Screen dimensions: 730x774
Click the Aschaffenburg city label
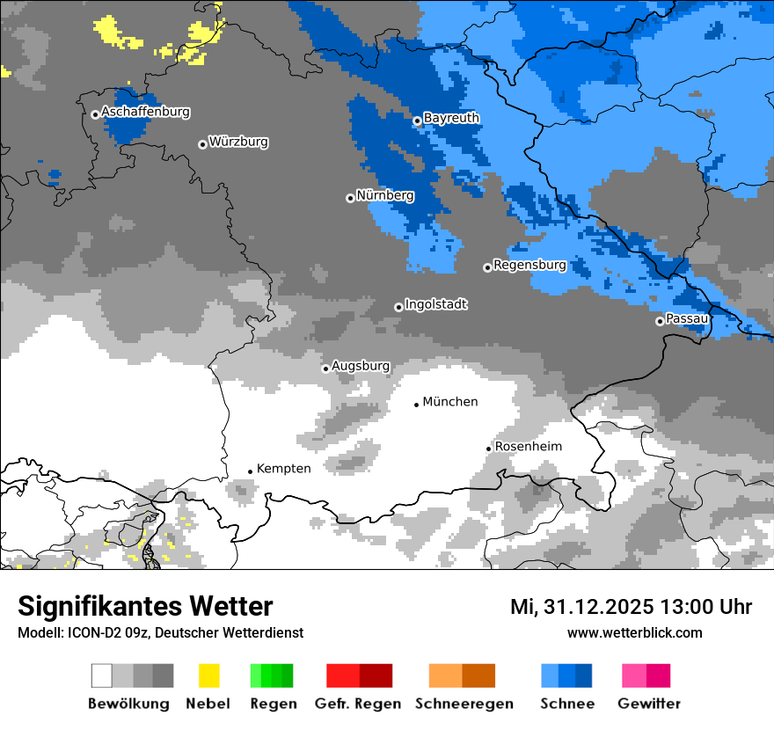pyautogui.click(x=145, y=113)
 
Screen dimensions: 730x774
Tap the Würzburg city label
pyautogui.click(x=238, y=142)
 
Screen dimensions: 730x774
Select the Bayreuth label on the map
pyautogui.click(x=451, y=118)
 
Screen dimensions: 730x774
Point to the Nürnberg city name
pyautogui.click(x=384, y=195)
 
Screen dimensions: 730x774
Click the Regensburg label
pyautogui.click(x=529, y=265)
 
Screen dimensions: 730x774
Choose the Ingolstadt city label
pyautogui.click(x=435, y=304)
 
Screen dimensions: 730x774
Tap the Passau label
pyautogui.click(x=687, y=318)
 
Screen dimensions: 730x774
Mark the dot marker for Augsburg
pyautogui.click(x=325, y=369)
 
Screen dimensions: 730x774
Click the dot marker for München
pyautogui.click(x=417, y=405)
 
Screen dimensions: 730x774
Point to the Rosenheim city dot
pyautogui.click(x=489, y=449)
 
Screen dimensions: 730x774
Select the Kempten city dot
pyautogui.click(x=251, y=471)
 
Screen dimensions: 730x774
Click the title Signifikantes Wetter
pyautogui.click(x=145, y=607)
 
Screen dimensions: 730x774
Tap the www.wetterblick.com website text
pyautogui.click(x=634, y=633)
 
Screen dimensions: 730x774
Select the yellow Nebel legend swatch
pyautogui.click(x=208, y=675)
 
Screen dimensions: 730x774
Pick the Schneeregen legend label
pyautogui.click(x=464, y=704)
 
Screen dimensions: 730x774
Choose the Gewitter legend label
pyautogui.click(x=648, y=704)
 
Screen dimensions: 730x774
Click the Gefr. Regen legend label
pyautogui.click(x=358, y=704)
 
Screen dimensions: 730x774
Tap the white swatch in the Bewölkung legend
pyautogui.click(x=102, y=675)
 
